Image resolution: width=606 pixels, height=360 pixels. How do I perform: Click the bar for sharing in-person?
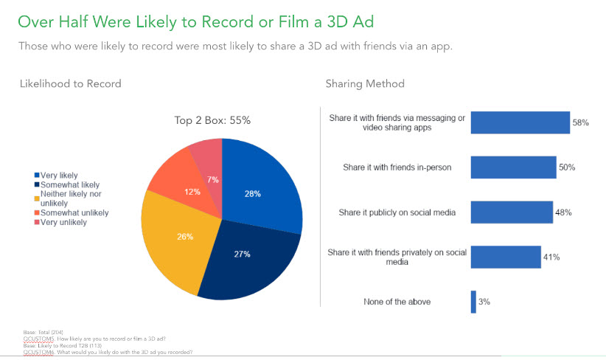point(513,167)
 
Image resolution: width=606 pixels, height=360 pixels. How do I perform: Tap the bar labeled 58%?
point(520,122)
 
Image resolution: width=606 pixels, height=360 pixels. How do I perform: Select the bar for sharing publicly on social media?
point(511,212)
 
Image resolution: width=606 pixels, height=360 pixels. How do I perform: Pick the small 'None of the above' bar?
point(473,301)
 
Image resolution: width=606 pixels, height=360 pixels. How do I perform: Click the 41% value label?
point(551,257)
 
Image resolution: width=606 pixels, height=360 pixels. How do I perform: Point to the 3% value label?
point(484,302)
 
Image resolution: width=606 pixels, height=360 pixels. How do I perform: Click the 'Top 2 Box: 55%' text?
point(217,120)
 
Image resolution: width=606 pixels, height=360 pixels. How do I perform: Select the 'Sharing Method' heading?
point(365,83)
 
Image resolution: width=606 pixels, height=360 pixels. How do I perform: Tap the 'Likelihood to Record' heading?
point(71,83)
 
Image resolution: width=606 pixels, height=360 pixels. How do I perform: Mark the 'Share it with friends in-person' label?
point(397,167)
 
